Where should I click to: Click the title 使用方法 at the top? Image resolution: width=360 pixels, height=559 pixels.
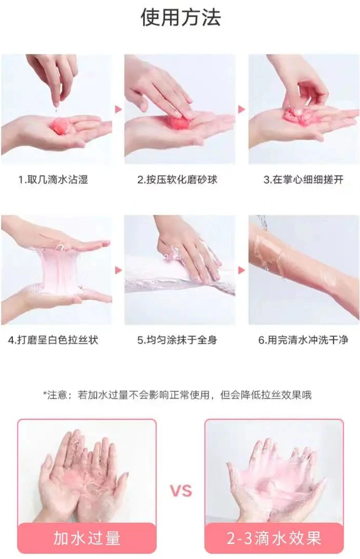[x=181, y=18]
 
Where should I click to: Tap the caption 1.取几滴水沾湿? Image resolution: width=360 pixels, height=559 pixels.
[x=53, y=179]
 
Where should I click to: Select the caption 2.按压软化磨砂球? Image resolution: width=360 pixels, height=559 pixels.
[x=177, y=179]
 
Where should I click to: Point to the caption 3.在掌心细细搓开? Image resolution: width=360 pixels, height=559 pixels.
[x=303, y=179]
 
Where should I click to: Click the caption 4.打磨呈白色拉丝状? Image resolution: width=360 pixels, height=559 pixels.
[x=53, y=340]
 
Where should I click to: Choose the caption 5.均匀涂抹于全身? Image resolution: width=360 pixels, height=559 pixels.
[x=177, y=340]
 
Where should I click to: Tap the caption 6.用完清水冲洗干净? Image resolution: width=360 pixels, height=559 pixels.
[x=303, y=340]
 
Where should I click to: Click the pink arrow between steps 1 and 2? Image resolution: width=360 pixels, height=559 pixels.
[x=118, y=109]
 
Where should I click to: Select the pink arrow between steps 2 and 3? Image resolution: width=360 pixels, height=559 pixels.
[x=242, y=109]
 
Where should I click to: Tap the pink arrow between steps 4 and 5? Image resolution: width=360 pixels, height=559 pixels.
[x=118, y=270]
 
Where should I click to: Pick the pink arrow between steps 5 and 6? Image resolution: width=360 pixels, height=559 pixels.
[x=242, y=270]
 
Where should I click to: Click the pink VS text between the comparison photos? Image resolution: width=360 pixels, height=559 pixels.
[x=181, y=491]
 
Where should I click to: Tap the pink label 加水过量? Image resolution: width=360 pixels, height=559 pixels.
[x=87, y=538]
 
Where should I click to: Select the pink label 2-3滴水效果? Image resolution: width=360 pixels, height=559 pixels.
[x=274, y=538]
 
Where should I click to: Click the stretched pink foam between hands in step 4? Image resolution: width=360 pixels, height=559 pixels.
[x=59, y=267]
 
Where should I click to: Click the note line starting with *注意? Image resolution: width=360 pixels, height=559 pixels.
[x=177, y=395]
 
